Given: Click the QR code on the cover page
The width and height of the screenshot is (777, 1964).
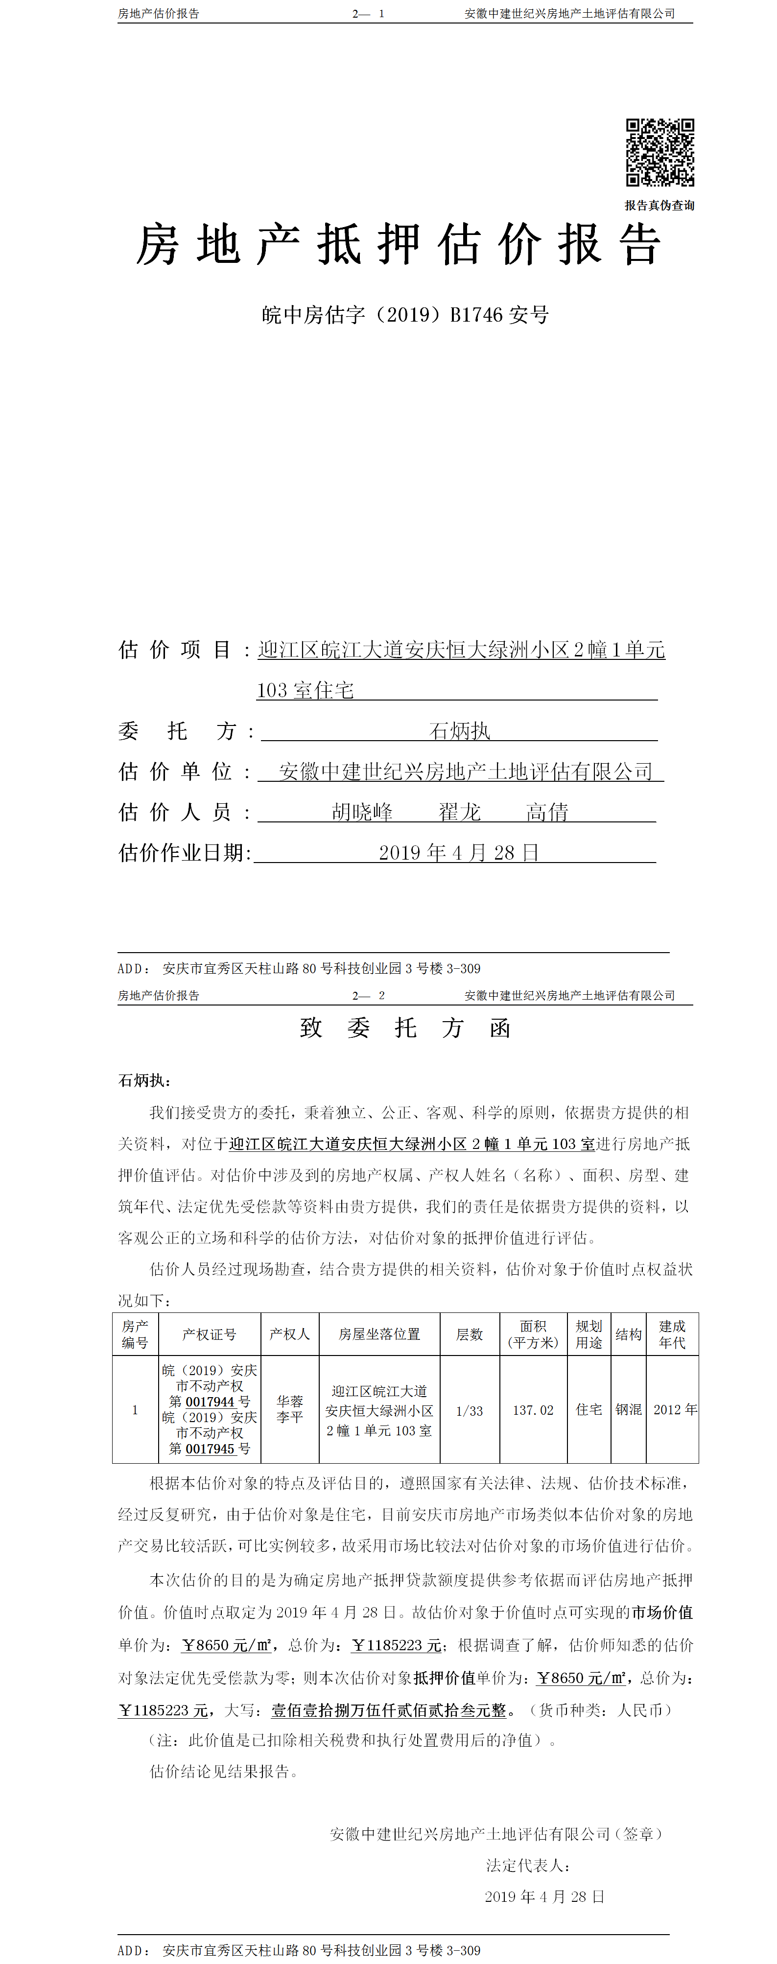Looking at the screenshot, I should tap(659, 152).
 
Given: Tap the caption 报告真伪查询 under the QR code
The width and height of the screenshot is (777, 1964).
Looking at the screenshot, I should tap(659, 205).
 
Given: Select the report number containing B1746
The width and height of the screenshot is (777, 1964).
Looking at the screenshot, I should tap(405, 315).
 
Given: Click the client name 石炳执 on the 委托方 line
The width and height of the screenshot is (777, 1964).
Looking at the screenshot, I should tap(459, 731).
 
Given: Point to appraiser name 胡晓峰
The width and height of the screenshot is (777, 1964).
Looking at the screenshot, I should tap(362, 812).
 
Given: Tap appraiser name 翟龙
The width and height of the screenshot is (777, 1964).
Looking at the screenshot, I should tap(459, 812).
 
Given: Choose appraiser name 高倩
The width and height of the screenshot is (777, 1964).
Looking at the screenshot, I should tap(547, 812).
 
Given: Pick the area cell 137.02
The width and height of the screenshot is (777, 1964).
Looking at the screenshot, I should tap(533, 1410).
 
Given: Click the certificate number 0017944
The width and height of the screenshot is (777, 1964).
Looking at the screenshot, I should tap(210, 1402).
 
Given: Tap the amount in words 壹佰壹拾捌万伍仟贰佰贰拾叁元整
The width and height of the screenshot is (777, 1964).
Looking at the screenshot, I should tap(389, 1710).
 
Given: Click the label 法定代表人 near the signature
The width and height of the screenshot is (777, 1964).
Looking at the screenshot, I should tap(528, 1866).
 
